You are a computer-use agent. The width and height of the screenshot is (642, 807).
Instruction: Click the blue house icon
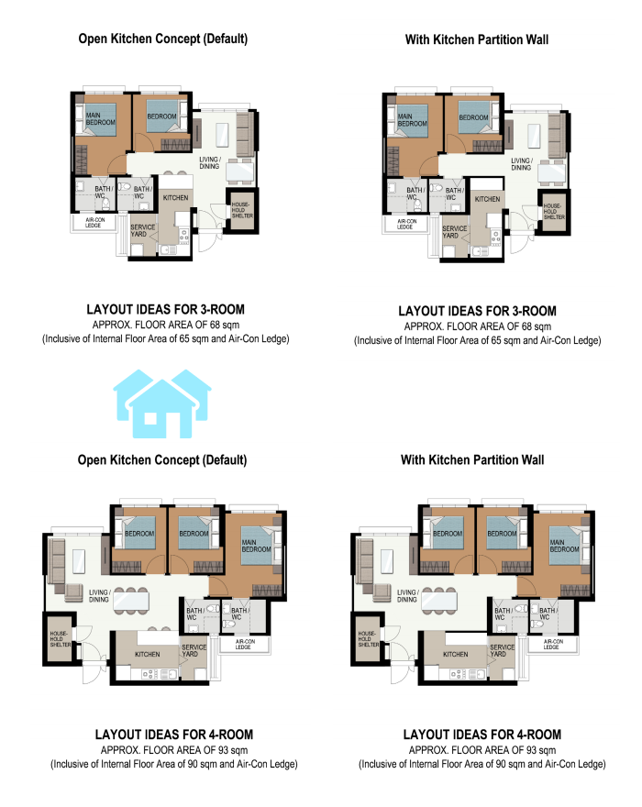162,404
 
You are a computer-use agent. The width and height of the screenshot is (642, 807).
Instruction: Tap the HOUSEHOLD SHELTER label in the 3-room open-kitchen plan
241,210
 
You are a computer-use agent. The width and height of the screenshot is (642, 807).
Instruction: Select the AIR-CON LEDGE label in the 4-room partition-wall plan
551,645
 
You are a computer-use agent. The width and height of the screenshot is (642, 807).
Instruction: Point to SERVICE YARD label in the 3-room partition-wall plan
454,232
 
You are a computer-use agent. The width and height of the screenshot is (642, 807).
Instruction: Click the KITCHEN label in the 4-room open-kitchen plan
148,654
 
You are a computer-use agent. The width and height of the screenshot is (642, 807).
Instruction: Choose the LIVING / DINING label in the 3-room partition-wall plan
521,164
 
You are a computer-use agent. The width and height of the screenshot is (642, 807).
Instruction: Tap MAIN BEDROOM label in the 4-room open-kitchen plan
256,546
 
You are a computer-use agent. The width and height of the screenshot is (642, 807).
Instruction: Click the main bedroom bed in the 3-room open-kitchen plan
98,119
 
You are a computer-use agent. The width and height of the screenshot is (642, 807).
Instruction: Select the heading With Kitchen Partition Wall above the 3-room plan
477,39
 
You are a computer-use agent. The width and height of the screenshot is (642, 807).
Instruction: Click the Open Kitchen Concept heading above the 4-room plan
162,459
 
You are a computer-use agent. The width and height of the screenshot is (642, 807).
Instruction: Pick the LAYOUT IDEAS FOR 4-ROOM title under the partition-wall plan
481,735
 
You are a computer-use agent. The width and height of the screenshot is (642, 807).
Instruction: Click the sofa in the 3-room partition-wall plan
555,136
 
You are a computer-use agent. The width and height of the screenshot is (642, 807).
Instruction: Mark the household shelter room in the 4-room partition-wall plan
368,638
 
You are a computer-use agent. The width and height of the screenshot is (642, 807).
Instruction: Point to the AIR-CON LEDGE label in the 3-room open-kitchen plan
94,223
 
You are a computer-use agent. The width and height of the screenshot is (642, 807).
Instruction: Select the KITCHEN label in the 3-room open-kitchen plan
175,198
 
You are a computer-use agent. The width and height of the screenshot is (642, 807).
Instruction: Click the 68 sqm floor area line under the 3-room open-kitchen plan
166,325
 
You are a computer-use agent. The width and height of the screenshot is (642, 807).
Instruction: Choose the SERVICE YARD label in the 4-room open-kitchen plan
194,650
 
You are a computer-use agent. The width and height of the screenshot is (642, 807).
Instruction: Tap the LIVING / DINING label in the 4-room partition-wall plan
406,596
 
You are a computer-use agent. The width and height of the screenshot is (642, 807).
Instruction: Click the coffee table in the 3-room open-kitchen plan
223,135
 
